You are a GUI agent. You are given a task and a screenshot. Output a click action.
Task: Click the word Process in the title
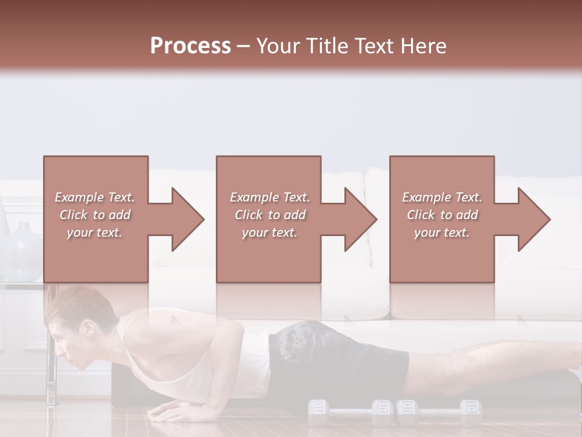[190, 46]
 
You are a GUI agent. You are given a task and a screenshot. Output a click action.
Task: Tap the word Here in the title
[424, 46]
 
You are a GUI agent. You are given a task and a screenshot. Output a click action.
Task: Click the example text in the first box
[95, 215]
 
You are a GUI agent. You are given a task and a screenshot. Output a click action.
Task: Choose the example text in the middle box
[270, 215]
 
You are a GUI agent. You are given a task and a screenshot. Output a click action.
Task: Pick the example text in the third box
[442, 215]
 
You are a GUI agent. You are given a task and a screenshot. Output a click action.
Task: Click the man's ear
[89, 328]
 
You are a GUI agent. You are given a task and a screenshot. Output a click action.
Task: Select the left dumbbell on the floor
[350, 413]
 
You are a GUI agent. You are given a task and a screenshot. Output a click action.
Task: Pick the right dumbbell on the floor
[439, 413]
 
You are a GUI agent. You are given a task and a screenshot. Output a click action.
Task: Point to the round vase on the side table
[23, 252]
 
